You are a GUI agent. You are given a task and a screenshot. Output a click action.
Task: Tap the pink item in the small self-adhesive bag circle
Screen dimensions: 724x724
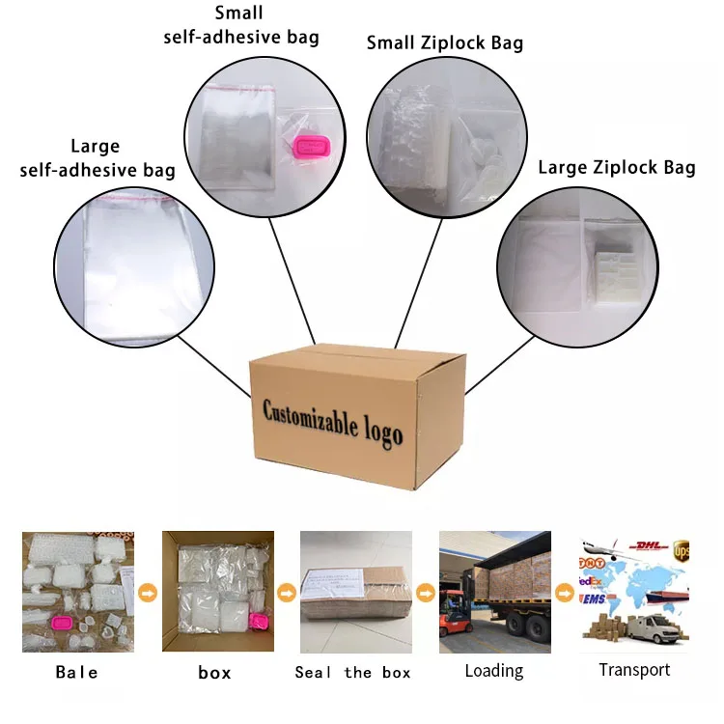[311, 148]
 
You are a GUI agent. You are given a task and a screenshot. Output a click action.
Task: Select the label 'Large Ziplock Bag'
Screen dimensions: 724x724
[616, 168]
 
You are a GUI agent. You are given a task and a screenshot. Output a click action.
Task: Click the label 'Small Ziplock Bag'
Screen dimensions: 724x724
[444, 42]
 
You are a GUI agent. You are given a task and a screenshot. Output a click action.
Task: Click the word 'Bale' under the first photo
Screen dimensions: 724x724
[76, 672]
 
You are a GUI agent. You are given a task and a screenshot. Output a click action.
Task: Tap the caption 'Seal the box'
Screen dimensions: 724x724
[352, 672]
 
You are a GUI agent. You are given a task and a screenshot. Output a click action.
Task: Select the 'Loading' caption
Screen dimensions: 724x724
[493, 670]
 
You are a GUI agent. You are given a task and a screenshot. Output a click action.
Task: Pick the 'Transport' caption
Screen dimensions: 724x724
[634, 670]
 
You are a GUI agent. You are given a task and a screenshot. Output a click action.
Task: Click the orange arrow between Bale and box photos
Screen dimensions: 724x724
[148, 591]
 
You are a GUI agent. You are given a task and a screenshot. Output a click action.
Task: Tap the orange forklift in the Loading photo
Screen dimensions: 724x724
[457, 618]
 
